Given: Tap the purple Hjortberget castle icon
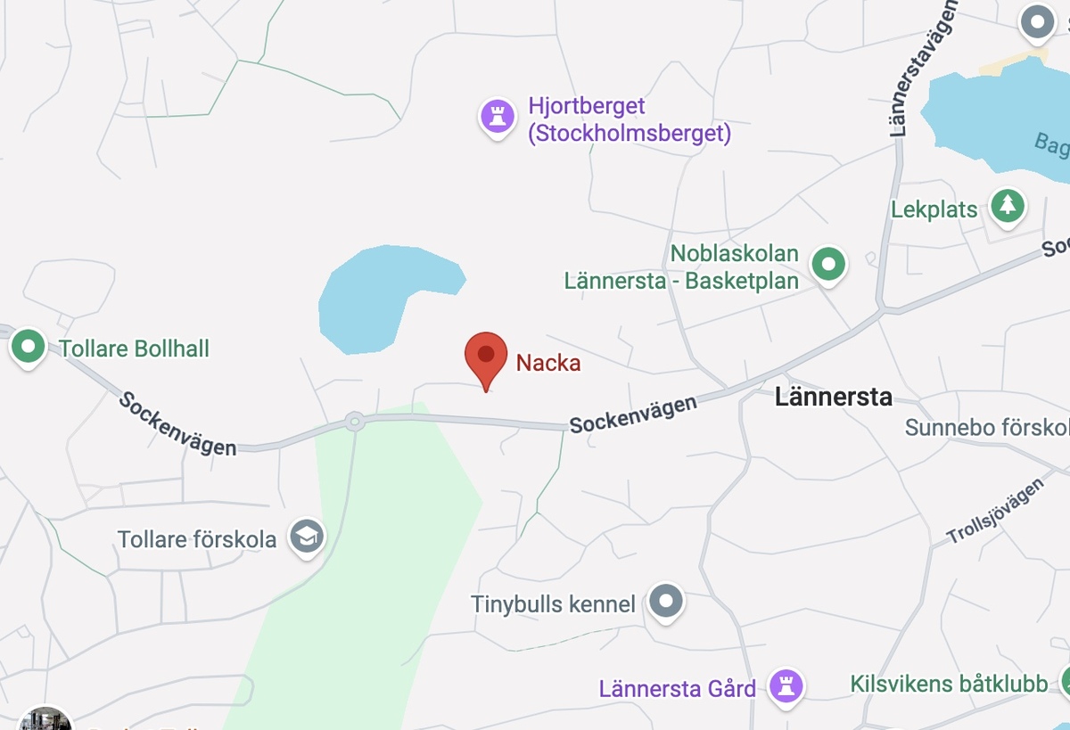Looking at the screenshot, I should pyautogui.click(x=498, y=115).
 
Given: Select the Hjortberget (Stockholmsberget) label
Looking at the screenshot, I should pyautogui.click(x=629, y=120).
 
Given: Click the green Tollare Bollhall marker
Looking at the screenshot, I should pyautogui.click(x=28, y=345).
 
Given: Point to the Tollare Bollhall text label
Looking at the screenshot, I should pyautogui.click(x=134, y=348).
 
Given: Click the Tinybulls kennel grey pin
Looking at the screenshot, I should pyautogui.click(x=665, y=600).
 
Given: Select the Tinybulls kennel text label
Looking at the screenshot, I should pyautogui.click(x=553, y=604).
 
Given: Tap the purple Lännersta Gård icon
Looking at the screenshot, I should pyautogui.click(x=786, y=685).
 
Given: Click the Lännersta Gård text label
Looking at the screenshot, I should pyautogui.click(x=677, y=688).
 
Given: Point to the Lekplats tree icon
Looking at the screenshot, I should pyautogui.click(x=1008, y=205).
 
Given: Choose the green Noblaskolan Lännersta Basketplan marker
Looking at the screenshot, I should pyautogui.click(x=829, y=264).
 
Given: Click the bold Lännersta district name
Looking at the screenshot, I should pyautogui.click(x=833, y=397).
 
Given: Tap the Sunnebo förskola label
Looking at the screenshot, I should pyautogui.click(x=986, y=428).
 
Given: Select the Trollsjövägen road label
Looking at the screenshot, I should pyautogui.click(x=994, y=512).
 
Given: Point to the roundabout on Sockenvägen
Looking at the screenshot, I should pyautogui.click(x=355, y=420).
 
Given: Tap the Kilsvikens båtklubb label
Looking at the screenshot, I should pyautogui.click(x=949, y=685).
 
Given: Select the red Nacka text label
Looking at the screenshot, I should pyautogui.click(x=548, y=363).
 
